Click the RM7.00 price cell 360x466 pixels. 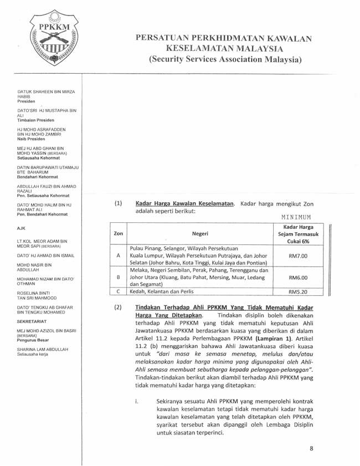click(x=297, y=256)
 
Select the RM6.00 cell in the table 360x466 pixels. click(x=297, y=278)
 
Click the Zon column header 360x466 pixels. click(x=118, y=234)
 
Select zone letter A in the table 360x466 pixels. click(x=118, y=256)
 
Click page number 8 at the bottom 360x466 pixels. click(x=311, y=449)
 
